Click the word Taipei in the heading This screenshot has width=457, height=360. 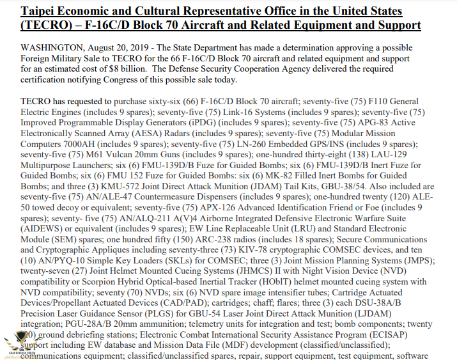coord(39,12)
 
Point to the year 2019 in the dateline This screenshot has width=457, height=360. coord(134,48)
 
